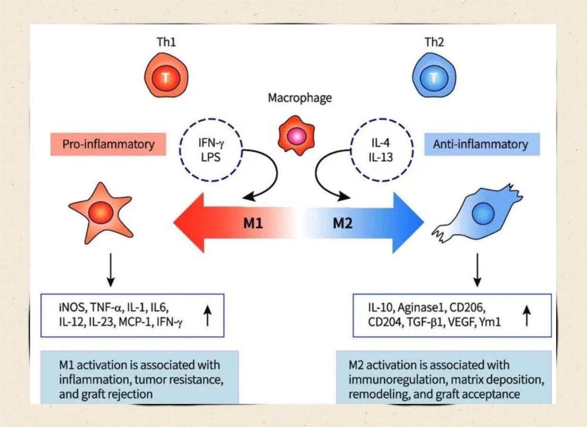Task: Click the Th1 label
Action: click(166, 42)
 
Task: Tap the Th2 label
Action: click(434, 42)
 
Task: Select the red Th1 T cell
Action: click(166, 75)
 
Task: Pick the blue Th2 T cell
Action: click(434, 75)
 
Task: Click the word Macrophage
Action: click(300, 98)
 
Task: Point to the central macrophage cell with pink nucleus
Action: click(296, 136)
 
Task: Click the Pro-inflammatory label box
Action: click(108, 144)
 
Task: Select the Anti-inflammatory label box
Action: click(482, 144)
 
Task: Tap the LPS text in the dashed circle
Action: click(211, 157)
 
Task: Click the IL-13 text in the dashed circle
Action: click(381, 157)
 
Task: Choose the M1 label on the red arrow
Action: click(253, 224)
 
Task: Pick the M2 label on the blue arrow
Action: click(343, 224)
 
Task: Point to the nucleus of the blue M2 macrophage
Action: click(483, 214)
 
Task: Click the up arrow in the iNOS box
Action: click(207, 315)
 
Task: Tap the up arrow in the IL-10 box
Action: click(527, 315)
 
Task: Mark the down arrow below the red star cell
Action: click(111, 270)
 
